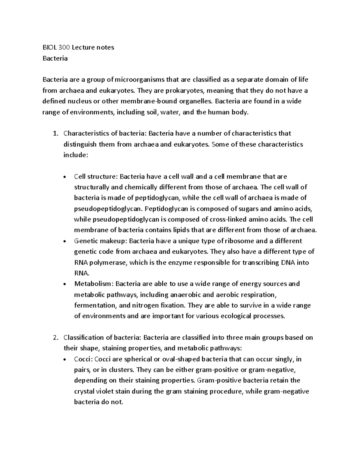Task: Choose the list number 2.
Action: pyautogui.click(x=55, y=338)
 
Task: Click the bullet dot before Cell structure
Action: pyautogui.click(x=65, y=177)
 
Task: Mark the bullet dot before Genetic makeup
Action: pyautogui.click(x=65, y=241)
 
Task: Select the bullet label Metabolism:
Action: pyautogui.click(x=94, y=284)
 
